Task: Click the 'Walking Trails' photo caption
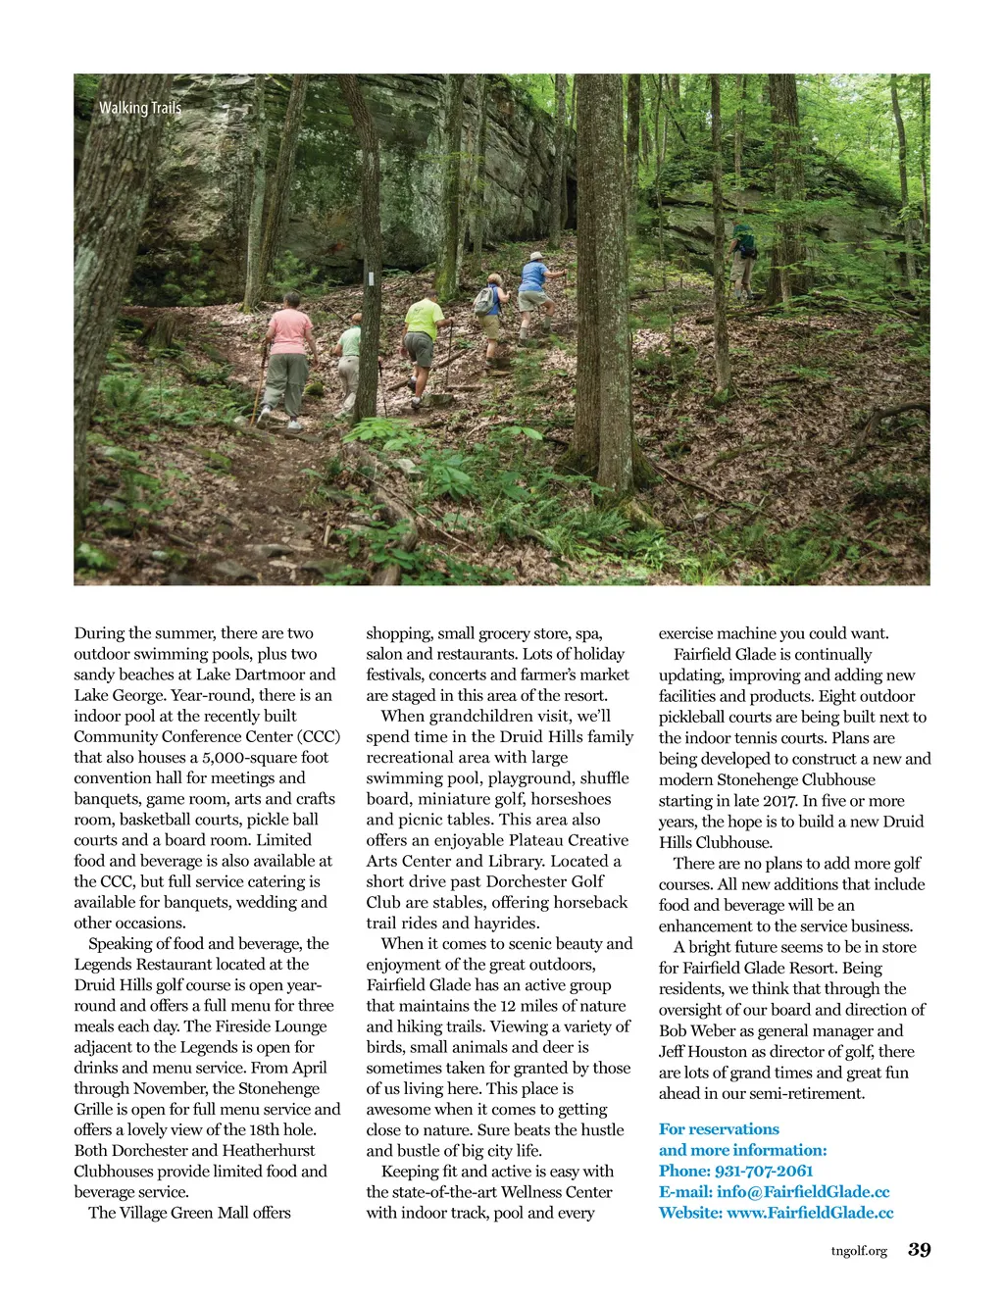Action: [140, 108]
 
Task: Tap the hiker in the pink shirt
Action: [288, 359]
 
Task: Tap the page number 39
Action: [920, 1250]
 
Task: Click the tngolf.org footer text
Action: [859, 1251]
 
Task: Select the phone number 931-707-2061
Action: [765, 1171]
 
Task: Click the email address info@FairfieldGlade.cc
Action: [803, 1192]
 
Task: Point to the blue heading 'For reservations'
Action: [719, 1129]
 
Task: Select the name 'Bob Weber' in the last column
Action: [697, 1030]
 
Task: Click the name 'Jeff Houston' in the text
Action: [703, 1052]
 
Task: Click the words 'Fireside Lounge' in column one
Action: [269, 1026]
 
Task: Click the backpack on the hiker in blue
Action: [484, 301]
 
